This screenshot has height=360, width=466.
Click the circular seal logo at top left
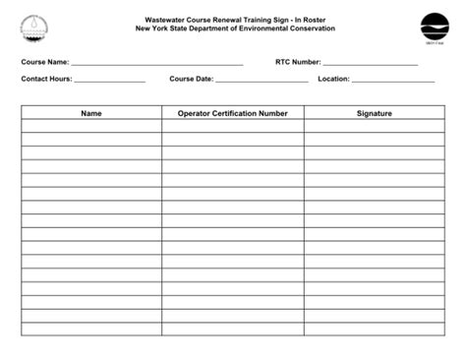34,29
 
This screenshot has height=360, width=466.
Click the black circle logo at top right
434,27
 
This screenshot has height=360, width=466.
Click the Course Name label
45,62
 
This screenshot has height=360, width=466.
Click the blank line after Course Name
157,64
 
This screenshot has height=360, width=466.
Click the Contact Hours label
46,79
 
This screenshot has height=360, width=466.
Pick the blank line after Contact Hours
109,81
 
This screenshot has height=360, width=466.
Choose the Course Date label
191,79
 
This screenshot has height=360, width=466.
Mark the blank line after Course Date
262,81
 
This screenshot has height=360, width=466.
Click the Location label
333,79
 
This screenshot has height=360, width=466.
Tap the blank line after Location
392,81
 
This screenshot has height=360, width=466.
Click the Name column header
91,113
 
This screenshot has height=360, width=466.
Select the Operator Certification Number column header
232,113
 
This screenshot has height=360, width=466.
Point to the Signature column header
374,113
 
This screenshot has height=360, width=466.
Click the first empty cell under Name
91,126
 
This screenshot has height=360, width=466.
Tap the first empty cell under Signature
374,126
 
